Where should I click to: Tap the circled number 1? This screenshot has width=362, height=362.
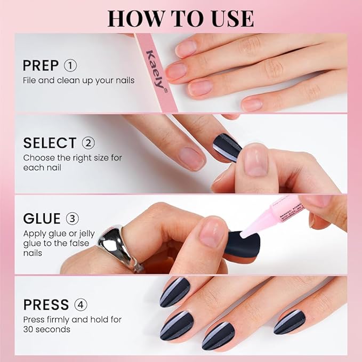(70, 66)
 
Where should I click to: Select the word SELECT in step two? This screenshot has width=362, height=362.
(50, 143)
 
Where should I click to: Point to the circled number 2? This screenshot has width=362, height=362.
(89, 143)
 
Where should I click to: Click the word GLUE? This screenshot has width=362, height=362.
(42, 219)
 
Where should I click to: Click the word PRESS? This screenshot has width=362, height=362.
(46, 305)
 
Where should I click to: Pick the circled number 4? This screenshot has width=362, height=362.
(81, 305)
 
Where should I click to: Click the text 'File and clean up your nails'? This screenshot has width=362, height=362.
(78, 81)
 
